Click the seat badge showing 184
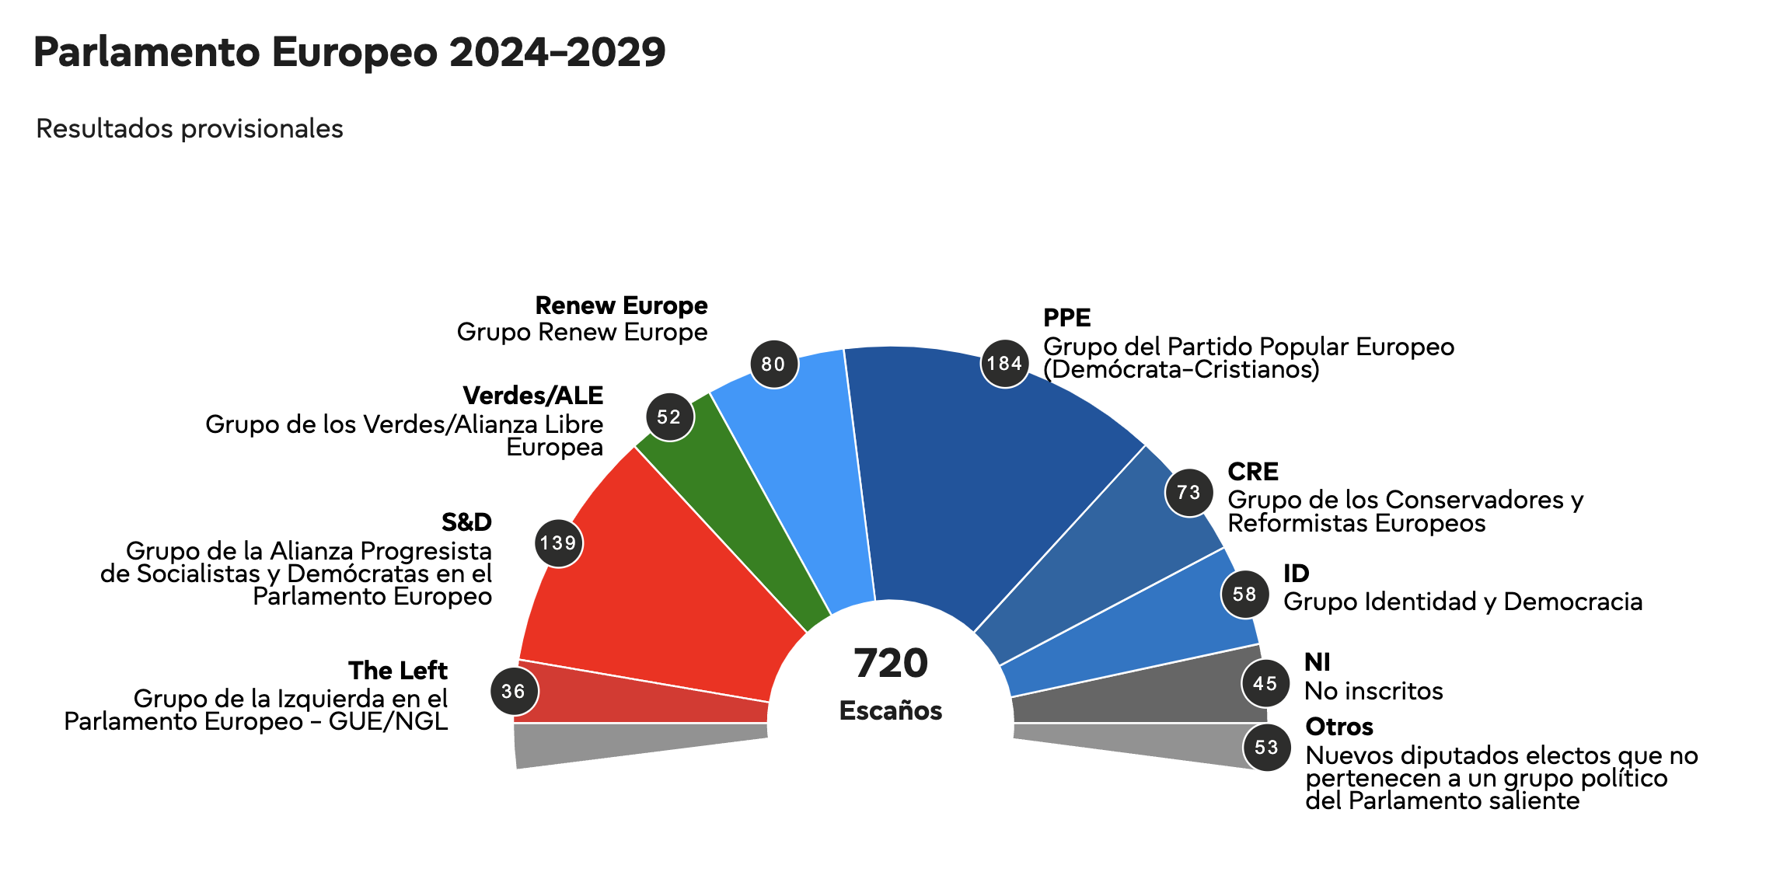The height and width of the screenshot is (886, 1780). pos(1004,363)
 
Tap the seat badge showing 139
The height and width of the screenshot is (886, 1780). pos(558,543)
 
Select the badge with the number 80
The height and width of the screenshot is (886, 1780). pos(773,364)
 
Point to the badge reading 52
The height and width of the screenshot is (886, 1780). pos(669,417)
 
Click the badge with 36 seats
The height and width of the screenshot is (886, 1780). pos(514,691)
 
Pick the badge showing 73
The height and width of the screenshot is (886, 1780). pos(1188,492)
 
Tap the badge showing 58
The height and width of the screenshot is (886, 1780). pos(1244,595)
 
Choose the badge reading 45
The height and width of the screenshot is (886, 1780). pos(1265,683)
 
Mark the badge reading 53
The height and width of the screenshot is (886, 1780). pos(1266,747)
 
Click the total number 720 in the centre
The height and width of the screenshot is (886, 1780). pos(891,663)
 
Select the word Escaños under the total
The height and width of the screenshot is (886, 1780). pos(891,710)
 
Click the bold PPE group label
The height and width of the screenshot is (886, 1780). pos(1066,318)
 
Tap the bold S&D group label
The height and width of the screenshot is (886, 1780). pos(466,521)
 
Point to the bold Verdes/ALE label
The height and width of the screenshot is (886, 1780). pos(533,396)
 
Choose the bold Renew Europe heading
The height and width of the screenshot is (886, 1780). pos(621,305)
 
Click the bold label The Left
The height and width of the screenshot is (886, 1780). pos(398,670)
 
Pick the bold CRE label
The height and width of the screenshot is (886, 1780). pos(1253,472)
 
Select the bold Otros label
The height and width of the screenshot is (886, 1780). pos(1339,727)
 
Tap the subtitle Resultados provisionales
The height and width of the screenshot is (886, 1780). pos(190,128)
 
